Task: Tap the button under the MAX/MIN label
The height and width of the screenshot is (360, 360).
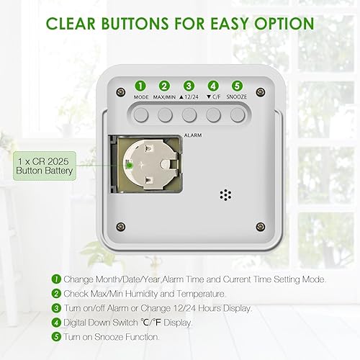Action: pos(165,115)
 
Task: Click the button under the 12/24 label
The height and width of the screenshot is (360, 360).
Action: pos(189,115)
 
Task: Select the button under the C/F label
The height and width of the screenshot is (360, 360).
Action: pos(214,115)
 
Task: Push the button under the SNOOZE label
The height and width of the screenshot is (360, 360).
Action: pos(238,115)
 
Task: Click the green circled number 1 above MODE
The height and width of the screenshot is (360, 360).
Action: pos(140,86)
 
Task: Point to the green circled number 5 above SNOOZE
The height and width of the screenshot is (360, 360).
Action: pos(237,86)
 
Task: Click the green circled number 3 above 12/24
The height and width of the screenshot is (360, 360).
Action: pos(189,86)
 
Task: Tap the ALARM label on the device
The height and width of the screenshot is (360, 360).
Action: pos(193,135)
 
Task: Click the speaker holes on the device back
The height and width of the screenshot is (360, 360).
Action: pos(225,195)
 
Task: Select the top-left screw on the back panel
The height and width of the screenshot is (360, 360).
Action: pos(121,92)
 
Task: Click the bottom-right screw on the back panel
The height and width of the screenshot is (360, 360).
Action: pos(261,227)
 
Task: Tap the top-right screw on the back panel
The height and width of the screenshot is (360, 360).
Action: pos(261,92)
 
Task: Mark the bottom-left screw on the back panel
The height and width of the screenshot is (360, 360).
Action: pos(121,227)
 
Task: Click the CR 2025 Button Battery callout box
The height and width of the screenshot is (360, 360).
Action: pos(45,166)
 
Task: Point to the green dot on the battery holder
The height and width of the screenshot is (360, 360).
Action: pos(129,166)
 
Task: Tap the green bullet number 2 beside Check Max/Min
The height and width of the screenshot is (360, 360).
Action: pos(56,294)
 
